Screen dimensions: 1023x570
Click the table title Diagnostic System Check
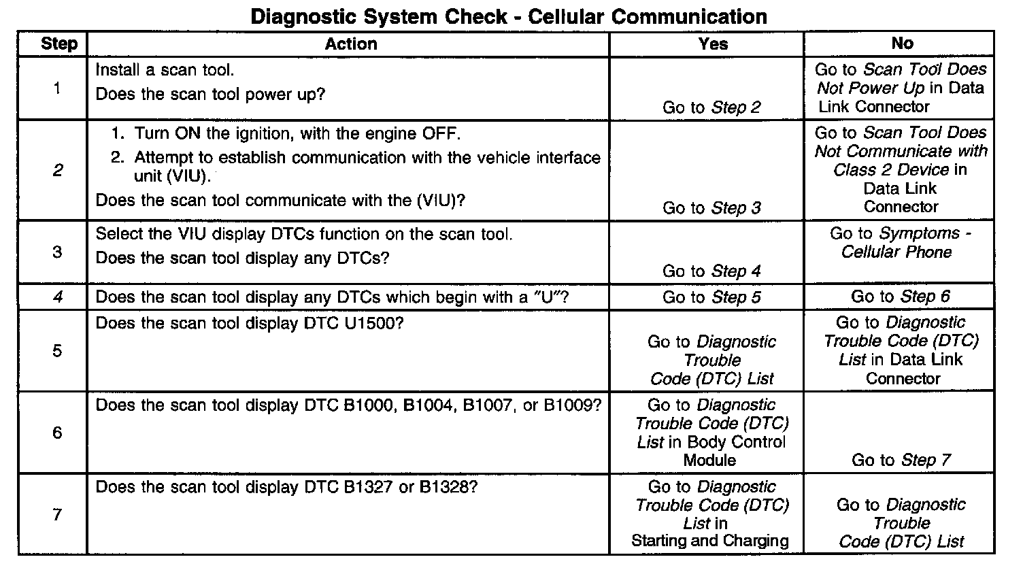pos(509,16)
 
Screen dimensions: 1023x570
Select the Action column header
pos(350,44)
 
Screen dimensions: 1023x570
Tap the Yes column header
pos(712,44)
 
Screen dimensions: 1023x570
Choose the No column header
pos(901,44)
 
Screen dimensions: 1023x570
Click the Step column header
pos(59,44)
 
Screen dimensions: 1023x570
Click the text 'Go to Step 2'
pos(711,107)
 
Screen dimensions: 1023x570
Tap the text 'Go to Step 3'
pos(711,208)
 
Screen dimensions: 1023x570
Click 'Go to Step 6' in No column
pos(901,297)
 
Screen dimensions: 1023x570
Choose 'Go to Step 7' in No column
pos(901,460)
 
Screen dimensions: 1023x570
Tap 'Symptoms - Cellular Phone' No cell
pos(901,243)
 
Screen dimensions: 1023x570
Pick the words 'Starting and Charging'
pos(710,541)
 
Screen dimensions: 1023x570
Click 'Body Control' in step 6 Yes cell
pos(736,441)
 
